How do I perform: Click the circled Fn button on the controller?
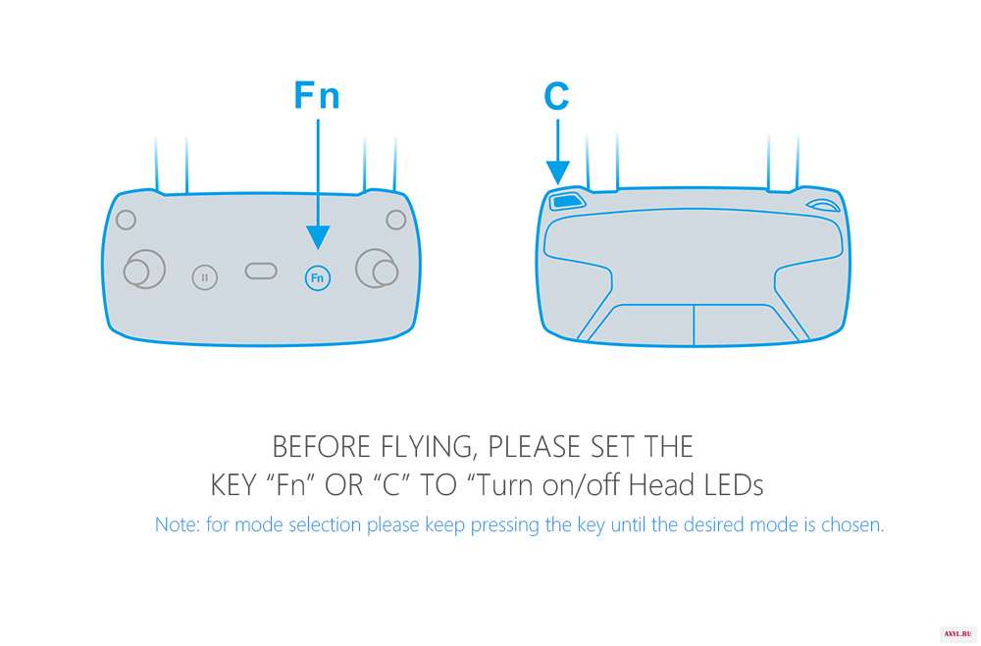tap(317, 277)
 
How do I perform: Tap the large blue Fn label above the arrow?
tap(317, 96)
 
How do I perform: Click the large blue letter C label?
tap(557, 96)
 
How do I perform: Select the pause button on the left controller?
tap(205, 277)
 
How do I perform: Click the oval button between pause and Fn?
tap(261, 271)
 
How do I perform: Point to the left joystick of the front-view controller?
tap(144, 270)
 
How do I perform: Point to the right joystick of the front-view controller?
tap(377, 269)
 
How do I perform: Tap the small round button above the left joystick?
tap(126, 220)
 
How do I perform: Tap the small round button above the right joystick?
tap(396, 220)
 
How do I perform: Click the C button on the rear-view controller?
tap(567, 201)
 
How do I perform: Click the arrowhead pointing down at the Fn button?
tap(318, 237)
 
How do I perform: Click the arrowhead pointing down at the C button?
tap(557, 173)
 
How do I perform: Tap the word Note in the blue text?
tap(177, 524)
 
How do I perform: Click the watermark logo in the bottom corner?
tap(957, 634)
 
